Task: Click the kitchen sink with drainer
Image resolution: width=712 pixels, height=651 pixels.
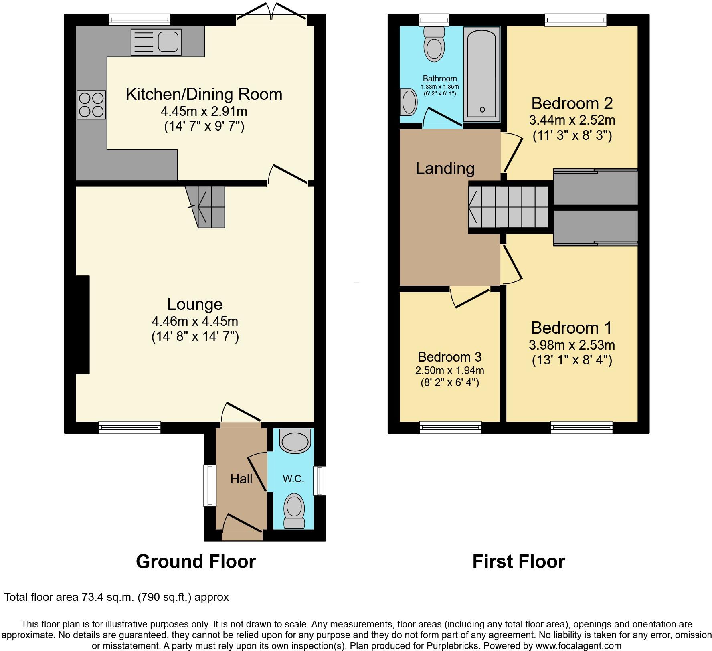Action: (x=156, y=42)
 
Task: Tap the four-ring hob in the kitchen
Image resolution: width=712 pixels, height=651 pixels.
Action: (x=91, y=105)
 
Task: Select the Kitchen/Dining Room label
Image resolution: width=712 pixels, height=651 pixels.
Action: (x=204, y=94)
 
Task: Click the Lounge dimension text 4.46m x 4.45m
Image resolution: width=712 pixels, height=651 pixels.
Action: (x=195, y=321)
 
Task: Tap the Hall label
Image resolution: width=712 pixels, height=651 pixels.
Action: (x=241, y=479)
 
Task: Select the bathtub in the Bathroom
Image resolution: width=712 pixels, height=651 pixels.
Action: (x=481, y=74)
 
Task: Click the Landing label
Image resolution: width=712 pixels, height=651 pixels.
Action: (x=445, y=168)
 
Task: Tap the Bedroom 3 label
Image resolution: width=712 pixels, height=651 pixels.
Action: (x=449, y=357)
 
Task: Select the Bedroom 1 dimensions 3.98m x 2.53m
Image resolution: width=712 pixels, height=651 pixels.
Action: (x=572, y=345)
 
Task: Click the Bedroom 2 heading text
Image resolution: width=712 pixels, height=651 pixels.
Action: (x=572, y=103)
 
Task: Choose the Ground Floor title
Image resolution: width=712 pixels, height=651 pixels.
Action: (x=196, y=562)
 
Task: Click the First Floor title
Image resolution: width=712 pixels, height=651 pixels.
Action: (x=518, y=562)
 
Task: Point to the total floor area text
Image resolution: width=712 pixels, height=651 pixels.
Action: (x=116, y=597)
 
